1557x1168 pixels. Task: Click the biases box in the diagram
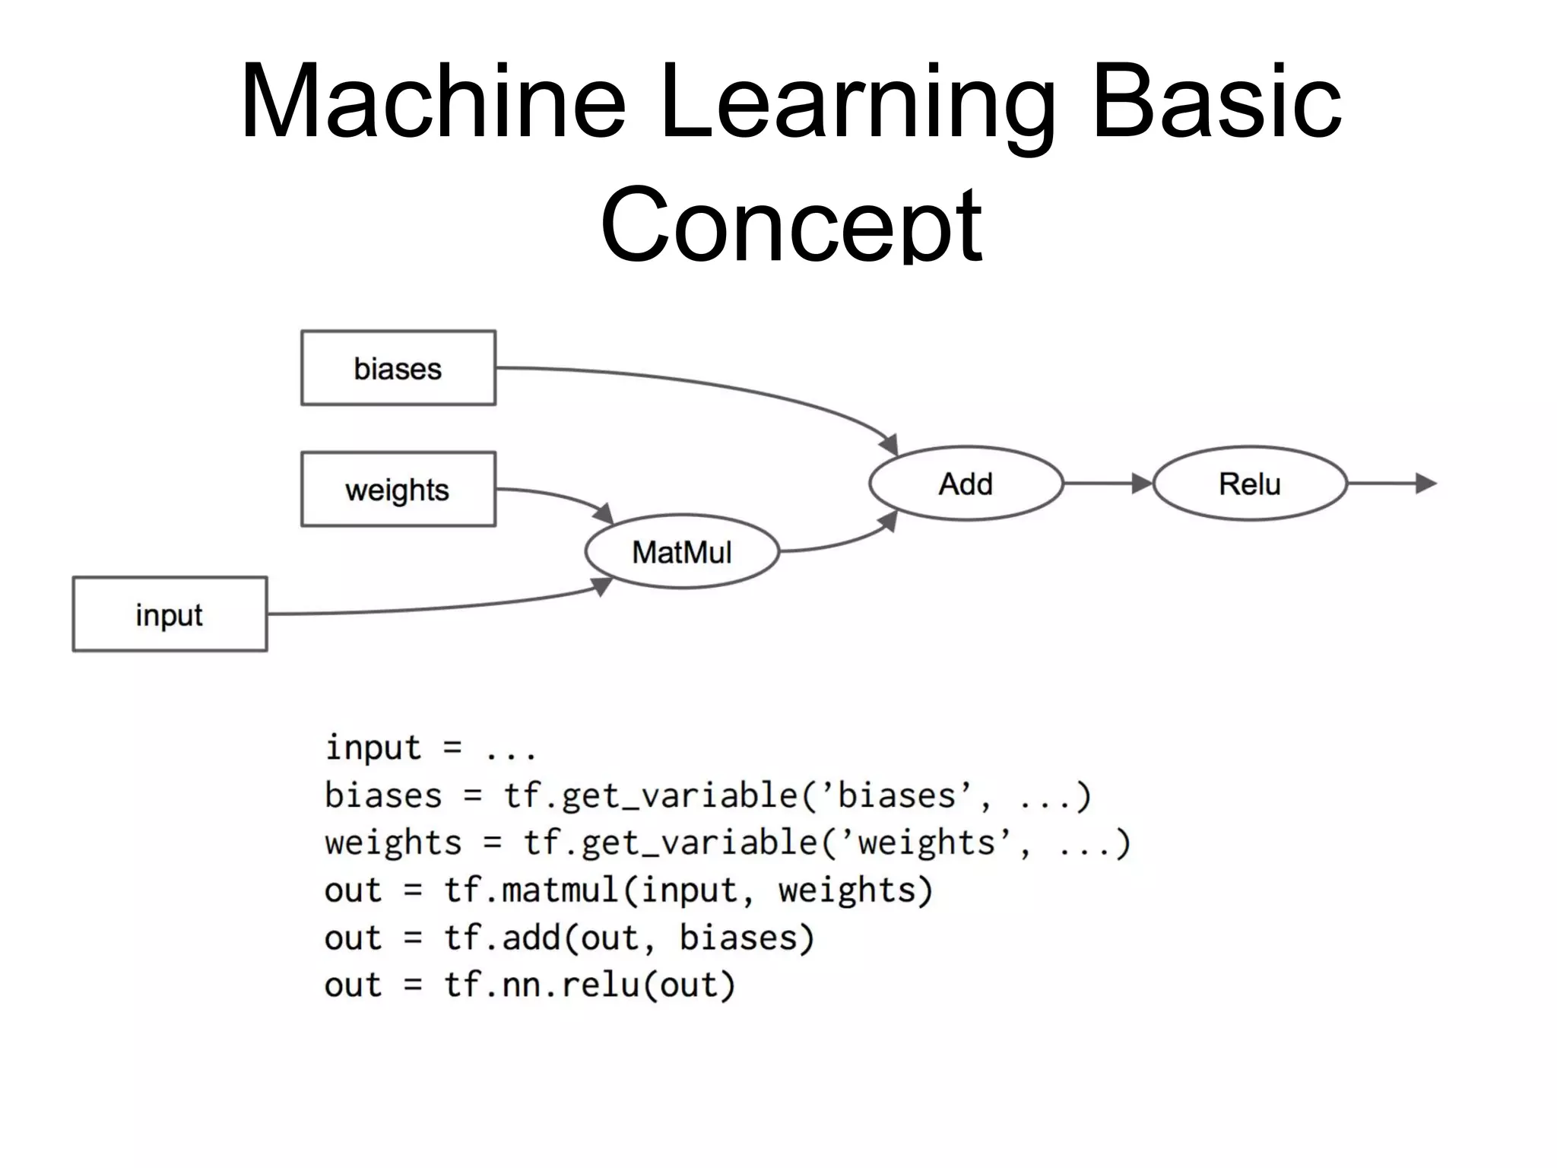pyautogui.click(x=398, y=368)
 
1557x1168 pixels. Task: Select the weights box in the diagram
pyautogui.click(x=398, y=490)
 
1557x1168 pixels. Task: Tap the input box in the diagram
pyautogui.click(x=170, y=614)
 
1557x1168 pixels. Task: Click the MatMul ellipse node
pyautogui.click(x=682, y=552)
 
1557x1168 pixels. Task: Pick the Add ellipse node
pyautogui.click(x=966, y=484)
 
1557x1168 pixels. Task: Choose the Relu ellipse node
pyautogui.click(x=1250, y=484)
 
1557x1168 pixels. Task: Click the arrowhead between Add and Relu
pyautogui.click(x=1141, y=484)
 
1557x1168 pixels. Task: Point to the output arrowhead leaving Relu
pyautogui.click(x=1425, y=484)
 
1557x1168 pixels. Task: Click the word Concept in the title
pyautogui.click(x=791, y=225)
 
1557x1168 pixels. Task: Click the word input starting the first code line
pyautogui.click(x=373, y=748)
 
